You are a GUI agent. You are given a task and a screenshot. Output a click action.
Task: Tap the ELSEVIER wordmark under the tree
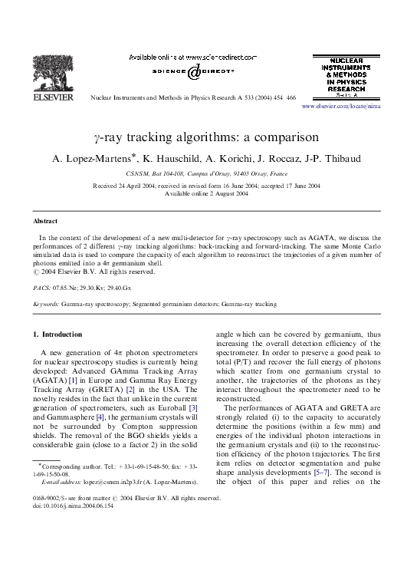(47, 99)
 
